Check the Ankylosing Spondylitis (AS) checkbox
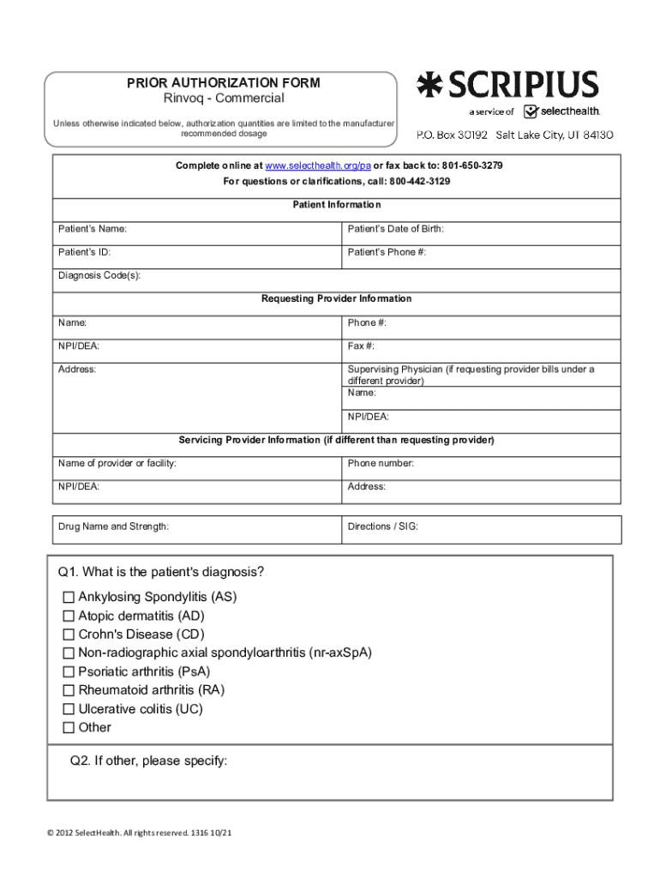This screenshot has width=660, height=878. pyautogui.click(x=69, y=597)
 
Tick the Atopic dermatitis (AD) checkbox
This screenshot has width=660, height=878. pyautogui.click(x=69, y=616)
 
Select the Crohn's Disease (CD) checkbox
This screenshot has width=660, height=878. pyautogui.click(x=69, y=634)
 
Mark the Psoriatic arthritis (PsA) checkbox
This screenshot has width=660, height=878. pyautogui.click(x=69, y=671)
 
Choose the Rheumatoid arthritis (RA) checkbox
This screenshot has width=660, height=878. pyautogui.click(x=69, y=690)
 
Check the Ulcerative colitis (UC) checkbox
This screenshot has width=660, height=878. pyautogui.click(x=69, y=709)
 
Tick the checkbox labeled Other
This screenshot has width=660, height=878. pyautogui.click(x=69, y=728)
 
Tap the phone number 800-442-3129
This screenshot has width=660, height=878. pyautogui.click(x=420, y=182)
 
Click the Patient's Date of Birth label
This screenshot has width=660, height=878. pyautogui.click(x=395, y=229)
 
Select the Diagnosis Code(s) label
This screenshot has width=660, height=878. pyautogui.click(x=99, y=275)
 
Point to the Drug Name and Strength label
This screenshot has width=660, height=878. pyautogui.click(x=113, y=526)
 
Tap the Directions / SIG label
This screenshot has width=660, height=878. pyautogui.click(x=382, y=526)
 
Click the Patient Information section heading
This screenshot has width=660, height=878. pyautogui.click(x=337, y=205)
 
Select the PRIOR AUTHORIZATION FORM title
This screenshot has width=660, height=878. pyautogui.click(x=224, y=83)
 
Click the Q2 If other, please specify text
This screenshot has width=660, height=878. pyautogui.click(x=149, y=761)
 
